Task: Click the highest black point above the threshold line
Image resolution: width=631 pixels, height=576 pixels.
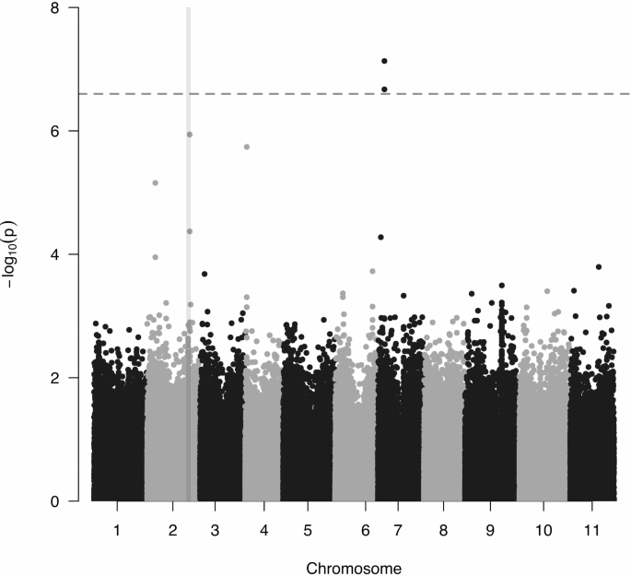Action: [x=384, y=61]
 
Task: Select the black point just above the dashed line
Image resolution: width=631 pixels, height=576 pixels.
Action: [x=384, y=89]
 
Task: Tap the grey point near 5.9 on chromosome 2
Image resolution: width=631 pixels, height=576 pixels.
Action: [x=189, y=135]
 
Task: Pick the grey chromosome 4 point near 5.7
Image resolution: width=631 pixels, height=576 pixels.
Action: [x=247, y=147]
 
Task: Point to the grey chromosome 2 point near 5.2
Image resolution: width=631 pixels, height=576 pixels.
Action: [x=155, y=183]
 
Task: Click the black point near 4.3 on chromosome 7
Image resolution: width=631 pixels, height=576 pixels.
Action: [x=380, y=237]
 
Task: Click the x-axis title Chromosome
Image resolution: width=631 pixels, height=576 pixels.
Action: [x=354, y=568]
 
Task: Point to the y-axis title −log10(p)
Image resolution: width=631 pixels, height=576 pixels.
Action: [x=12, y=254]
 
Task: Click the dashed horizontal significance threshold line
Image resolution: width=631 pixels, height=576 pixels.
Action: [x=276, y=94]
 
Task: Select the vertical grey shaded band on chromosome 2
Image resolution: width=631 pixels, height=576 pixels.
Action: [x=189, y=276]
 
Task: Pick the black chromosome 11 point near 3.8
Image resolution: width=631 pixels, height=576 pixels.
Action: [x=599, y=266]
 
